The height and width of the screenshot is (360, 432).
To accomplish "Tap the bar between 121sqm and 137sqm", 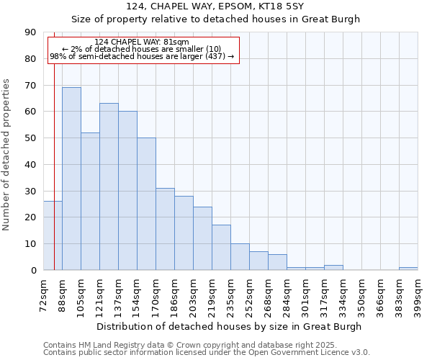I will pos(109,186).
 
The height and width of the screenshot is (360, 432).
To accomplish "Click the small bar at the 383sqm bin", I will pos(408,269).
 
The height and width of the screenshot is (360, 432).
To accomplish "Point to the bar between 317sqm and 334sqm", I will pos(333,268).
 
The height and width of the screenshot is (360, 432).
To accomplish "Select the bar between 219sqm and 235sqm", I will pos(221,248).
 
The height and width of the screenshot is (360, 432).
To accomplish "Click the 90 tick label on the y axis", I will pos(30,32).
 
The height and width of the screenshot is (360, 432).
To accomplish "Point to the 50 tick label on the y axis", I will pos(30,138).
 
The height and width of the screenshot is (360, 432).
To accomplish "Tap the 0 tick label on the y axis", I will pos(33,271).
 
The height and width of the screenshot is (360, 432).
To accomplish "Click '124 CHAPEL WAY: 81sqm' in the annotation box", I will pos(142,42).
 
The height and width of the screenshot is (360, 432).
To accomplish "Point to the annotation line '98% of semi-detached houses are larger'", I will pos(142,56).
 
